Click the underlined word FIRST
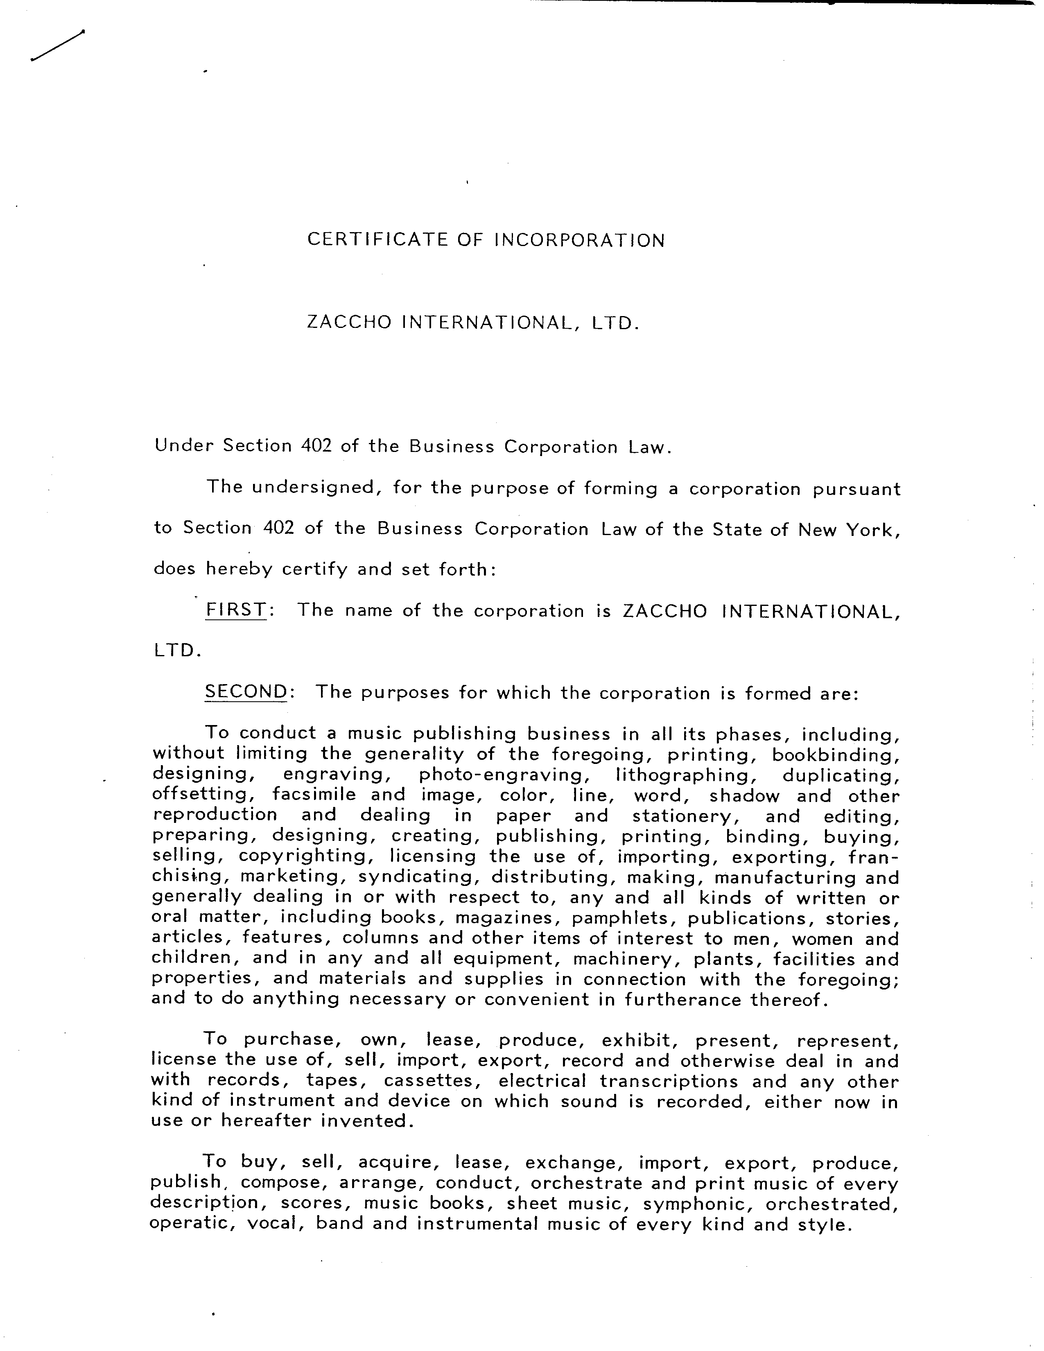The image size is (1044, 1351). [x=236, y=610]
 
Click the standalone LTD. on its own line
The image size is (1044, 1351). [x=177, y=651]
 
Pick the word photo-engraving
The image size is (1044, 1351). [x=502, y=775]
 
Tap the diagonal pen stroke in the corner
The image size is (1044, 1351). [x=57, y=46]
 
